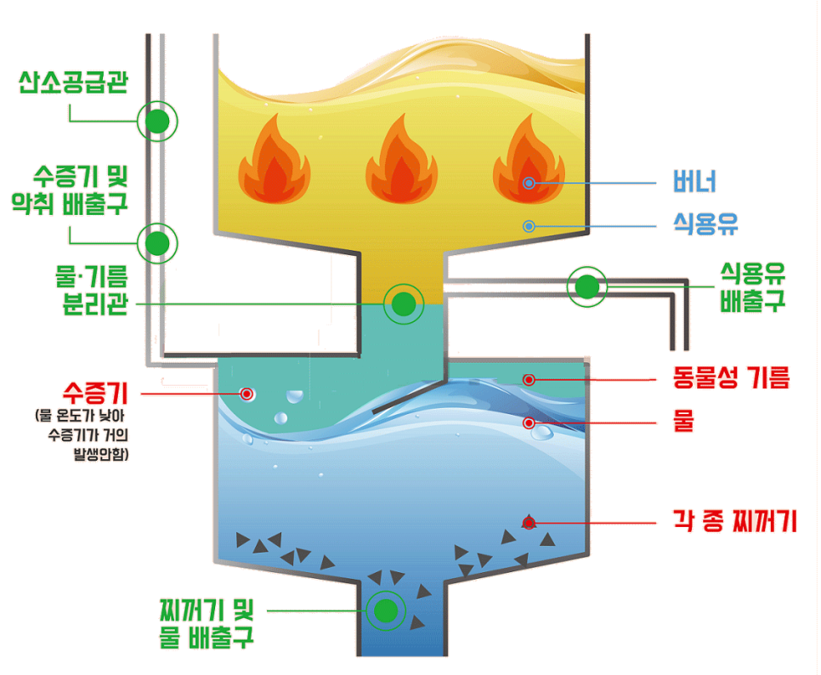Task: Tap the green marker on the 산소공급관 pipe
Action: tap(157, 122)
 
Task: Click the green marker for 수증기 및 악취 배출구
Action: tap(157, 244)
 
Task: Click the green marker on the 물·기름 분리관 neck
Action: tap(403, 303)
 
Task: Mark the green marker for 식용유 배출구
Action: tap(587, 287)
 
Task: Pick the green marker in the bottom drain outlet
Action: tap(386, 610)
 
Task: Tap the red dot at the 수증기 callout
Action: tap(246, 394)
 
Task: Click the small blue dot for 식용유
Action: tap(529, 226)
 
